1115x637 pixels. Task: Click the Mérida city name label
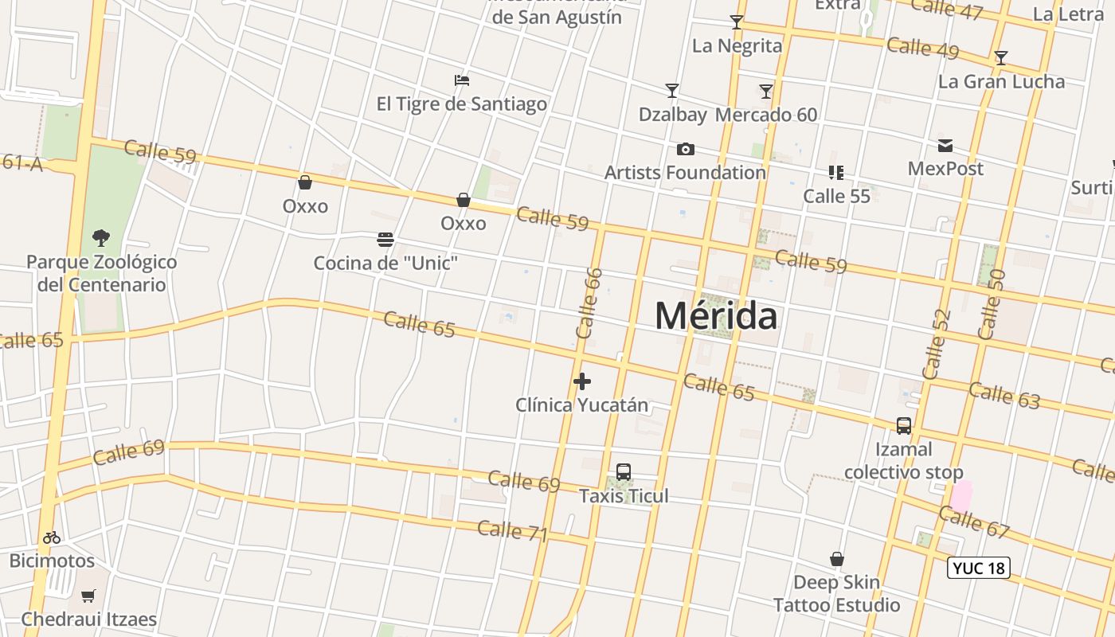716,317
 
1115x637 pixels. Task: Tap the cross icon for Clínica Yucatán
582,381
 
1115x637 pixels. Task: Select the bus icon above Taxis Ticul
624,472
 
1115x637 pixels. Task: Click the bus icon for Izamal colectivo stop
904,426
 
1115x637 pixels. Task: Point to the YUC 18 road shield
979,568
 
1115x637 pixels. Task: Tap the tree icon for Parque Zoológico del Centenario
101,237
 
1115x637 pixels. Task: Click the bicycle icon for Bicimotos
52,537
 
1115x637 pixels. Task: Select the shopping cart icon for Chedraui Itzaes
88,596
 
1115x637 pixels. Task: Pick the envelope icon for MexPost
945,146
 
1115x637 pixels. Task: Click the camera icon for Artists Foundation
685,149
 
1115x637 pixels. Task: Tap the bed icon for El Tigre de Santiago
462,80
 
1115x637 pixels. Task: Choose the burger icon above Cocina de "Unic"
385,240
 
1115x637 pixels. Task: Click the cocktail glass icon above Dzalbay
672,91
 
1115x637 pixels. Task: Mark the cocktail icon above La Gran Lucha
1001,58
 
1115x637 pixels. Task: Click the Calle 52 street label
937,344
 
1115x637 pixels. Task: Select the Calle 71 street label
513,530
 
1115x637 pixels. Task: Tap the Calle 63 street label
1004,395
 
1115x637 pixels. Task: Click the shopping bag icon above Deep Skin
837,559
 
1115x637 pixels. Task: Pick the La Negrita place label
737,45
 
